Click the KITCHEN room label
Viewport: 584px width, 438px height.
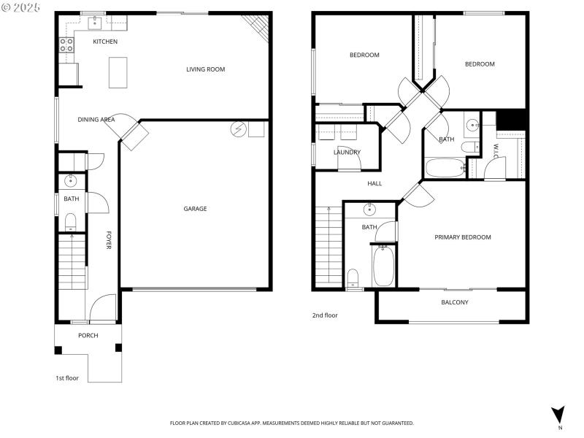(x=105, y=42)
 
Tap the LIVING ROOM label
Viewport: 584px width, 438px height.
(x=205, y=69)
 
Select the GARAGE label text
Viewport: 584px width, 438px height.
(x=195, y=209)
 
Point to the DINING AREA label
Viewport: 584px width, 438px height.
(x=96, y=119)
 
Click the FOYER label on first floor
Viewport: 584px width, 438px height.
(x=109, y=241)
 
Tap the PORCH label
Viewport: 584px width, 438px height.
(x=88, y=336)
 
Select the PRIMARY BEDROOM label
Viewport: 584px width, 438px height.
(x=463, y=237)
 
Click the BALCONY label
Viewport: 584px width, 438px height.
(x=455, y=302)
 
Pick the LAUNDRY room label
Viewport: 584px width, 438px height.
(x=347, y=152)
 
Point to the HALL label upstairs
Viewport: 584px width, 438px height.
(x=374, y=184)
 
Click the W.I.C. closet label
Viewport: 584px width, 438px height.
(x=496, y=151)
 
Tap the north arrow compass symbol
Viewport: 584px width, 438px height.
(x=558, y=415)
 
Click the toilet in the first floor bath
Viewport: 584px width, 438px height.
(x=71, y=221)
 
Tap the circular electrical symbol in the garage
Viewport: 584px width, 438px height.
(x=237, y=130)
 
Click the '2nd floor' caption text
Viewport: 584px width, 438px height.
(x=324, y=315)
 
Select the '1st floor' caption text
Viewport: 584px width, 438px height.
(x=67, y=378)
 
